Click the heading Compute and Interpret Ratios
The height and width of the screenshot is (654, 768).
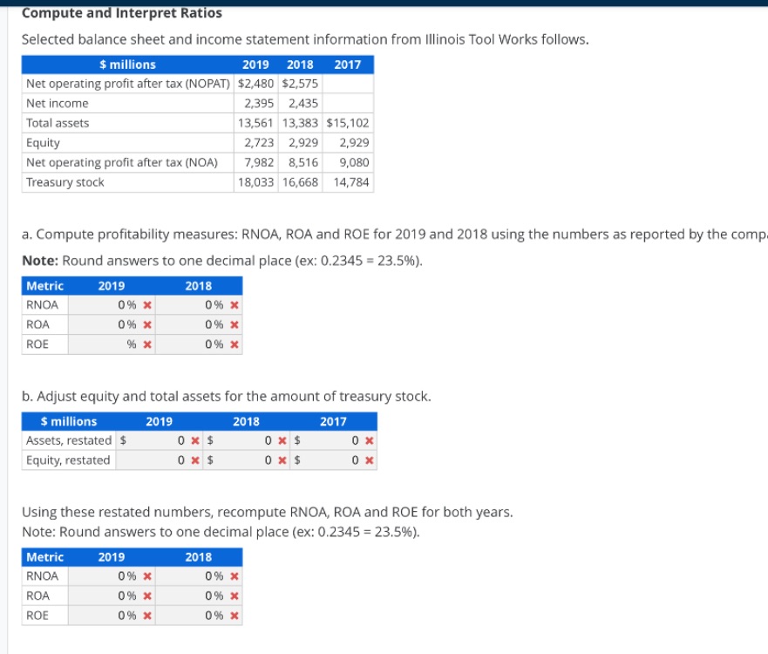tap(121, 13)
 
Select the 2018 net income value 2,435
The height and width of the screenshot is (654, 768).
tap(302, 103)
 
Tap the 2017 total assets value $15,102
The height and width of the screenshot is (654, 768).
tap(348, 123)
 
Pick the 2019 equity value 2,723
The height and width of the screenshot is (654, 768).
tap(259, 142)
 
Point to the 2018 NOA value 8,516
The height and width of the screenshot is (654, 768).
tap(302, 162)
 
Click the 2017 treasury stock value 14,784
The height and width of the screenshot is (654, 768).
tap(350, 182)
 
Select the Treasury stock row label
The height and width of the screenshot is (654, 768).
tap(65, 182)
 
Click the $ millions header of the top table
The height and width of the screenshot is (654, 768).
tap(128, 65)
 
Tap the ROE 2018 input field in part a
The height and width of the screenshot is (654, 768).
tap(196, 344)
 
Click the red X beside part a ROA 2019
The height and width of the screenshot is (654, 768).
tap(147, 325)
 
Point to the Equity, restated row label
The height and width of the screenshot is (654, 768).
tap(69, 460)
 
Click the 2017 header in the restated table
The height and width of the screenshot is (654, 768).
tap(333, 421)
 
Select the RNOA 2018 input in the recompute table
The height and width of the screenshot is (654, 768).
tap(196, 576)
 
